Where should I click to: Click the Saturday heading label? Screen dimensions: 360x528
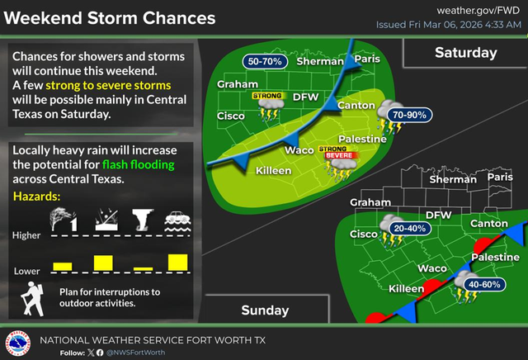pyautogui.click(x=466, y=54)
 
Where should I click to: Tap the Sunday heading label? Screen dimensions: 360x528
pyautogui.click(x=265, y=310)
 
